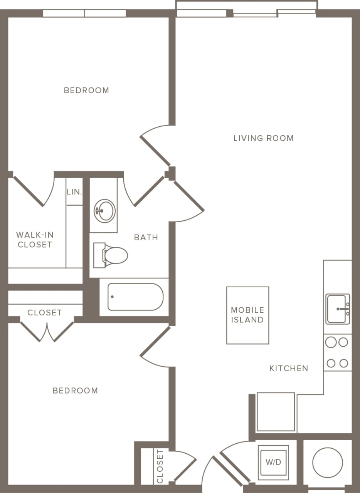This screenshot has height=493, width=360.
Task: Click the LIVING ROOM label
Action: click(x=263, y=138)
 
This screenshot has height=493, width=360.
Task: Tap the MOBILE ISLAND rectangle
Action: click(x=247, y=315)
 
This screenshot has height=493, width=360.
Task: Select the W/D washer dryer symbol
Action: click(x=273, y=462)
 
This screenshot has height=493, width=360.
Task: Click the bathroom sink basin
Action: click(x=104, y=211)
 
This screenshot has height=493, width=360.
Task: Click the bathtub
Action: click(x=135, y=297)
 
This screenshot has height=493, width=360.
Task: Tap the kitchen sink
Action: click(x=338, y=309)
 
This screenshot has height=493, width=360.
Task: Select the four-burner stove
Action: click(x=337, y=352)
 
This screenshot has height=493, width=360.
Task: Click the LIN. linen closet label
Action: click(x=74, y=191)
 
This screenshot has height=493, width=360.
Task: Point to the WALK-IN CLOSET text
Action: click(x=34, y=239)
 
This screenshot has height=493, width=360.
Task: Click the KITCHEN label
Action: click(x=289, y=368)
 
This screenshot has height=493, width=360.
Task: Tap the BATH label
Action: click(x=146, y=237)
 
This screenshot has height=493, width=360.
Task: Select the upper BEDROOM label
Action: click(x=86, y=90)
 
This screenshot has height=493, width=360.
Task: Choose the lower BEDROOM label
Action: click(x=75, y=391)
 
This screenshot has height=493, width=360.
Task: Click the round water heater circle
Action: click(x=328, y=463)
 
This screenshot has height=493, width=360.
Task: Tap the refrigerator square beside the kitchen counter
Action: click(x=276, y=412)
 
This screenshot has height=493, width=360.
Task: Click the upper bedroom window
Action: click(x=84, y=13)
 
